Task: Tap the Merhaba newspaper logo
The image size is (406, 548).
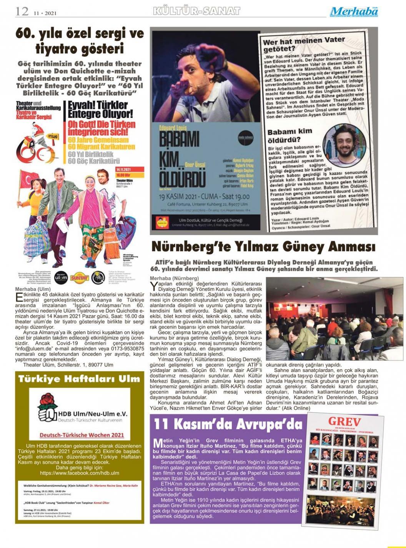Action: click(x=354, y=12)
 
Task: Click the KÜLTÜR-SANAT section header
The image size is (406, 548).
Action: click(x=196, y=11)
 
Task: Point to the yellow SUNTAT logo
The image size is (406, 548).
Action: click(x=79, y=277)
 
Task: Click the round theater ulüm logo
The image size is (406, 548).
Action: click(x=61, y=277)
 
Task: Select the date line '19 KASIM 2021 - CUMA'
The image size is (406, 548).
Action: click(x=199, y=197)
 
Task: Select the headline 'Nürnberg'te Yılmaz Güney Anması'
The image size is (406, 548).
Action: click(x=263, y=246)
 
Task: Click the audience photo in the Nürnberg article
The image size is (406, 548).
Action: click(x=334, y=319)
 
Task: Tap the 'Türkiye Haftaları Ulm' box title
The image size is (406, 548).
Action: click(x=79, y=379)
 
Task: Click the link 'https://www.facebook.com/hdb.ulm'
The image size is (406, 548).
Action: click(x=80, y=473)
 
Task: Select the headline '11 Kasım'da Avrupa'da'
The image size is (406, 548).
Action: click(x=228, y=424)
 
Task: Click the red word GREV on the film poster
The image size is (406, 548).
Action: click(x=344, y=421)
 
